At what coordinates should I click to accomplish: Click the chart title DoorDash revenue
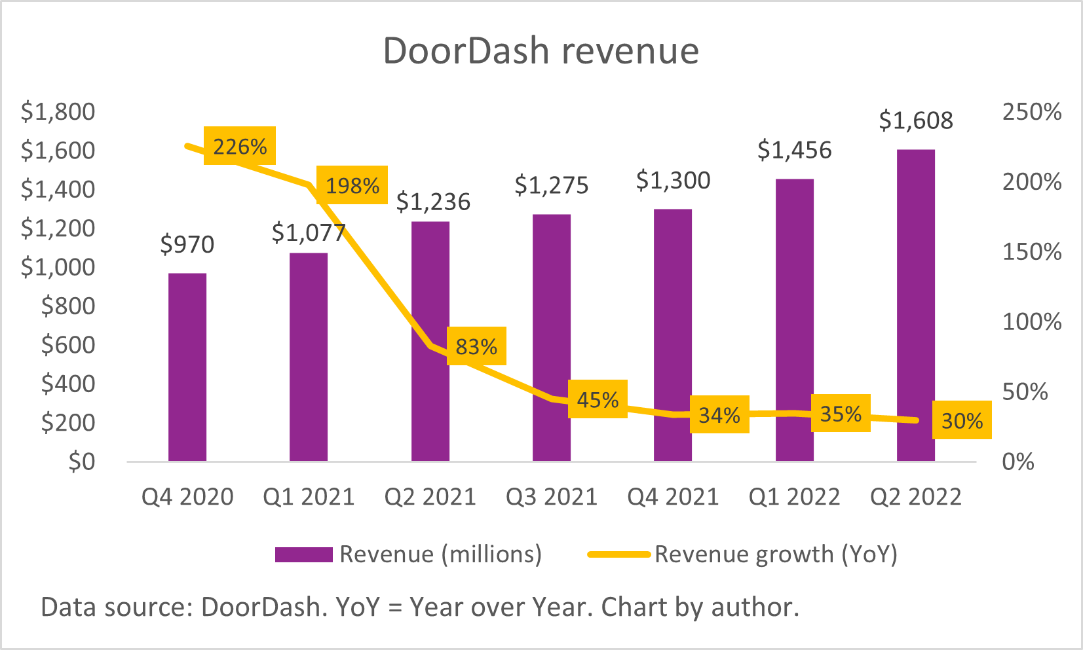tap(541, 50)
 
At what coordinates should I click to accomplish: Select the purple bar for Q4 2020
tap(187, 367)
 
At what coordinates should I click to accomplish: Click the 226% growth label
tap(240, 146)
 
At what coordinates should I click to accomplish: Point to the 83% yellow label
tap(476, 346)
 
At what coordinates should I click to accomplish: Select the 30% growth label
tap(962, 420)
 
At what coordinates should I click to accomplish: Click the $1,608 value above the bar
tap(915, 120)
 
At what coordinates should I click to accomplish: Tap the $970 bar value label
tap(187, 244)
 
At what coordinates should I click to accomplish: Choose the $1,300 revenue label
tap(673, 180)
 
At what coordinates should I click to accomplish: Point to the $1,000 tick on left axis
tap(58, 267)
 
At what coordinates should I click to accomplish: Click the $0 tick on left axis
tap(81, 461)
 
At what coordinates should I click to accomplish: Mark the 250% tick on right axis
tap(1031, 112)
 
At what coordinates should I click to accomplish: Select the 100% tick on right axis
tap(1031, 322)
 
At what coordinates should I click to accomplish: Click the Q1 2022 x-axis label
tap(794, 497)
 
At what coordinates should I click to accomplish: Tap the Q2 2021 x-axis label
tap(430, 497)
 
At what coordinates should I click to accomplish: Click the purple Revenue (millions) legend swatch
tap(303, 554)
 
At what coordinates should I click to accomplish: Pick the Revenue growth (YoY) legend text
tap(776, 554)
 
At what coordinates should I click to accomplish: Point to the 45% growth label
tap(598, 399)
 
